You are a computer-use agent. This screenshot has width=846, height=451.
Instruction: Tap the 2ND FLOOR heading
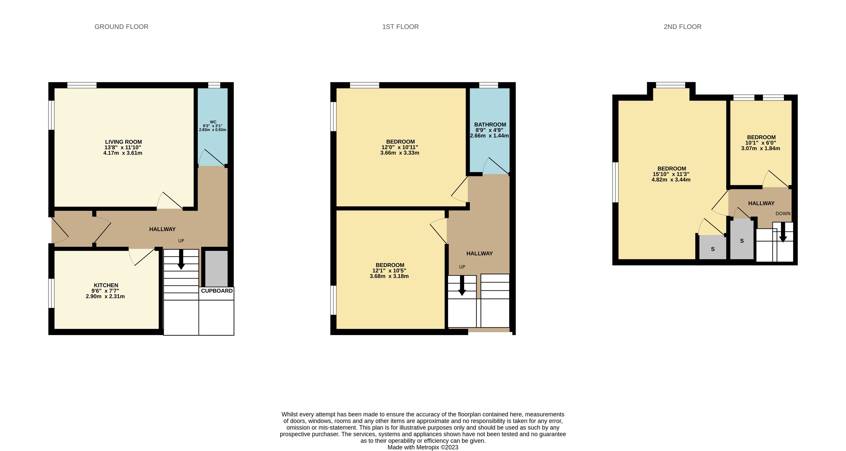click(682, 27)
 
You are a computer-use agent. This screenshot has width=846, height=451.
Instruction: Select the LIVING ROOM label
click(124, 142)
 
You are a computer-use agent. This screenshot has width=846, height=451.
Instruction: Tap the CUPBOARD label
click(217, 291)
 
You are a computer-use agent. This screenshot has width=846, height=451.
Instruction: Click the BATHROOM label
click(490, 124)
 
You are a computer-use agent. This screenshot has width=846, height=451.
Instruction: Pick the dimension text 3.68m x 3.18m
click(389, 276)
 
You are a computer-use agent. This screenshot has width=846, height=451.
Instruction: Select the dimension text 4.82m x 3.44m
click(671, 179)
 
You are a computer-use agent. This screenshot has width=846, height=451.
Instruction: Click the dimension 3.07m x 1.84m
click(761, 148)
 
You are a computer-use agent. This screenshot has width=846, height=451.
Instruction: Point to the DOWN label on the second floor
click(783, 213)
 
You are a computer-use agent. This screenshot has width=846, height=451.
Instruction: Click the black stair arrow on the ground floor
click(181, 259)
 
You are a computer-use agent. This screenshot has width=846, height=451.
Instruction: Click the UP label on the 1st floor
click(462, 267)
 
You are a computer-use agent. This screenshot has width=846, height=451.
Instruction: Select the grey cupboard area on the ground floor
click(216, 268)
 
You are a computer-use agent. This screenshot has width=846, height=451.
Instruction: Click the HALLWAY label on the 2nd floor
click(761, 203)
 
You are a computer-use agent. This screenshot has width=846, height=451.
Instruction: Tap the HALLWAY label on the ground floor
click(162, 229)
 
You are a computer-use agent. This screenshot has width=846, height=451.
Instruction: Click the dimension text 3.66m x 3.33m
click(400, 153)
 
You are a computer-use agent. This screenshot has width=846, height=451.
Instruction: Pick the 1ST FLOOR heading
click(400, 27)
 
